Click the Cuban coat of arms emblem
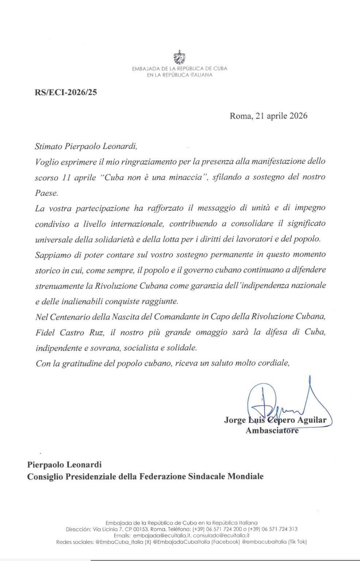(179, 57)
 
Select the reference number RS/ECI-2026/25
(66, 92)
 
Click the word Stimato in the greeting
(49, 146)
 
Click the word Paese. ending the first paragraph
(46, 193)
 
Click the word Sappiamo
(53, 255)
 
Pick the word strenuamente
(60, 286)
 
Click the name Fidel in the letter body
(45, 332)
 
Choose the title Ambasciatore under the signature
(272, 430)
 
